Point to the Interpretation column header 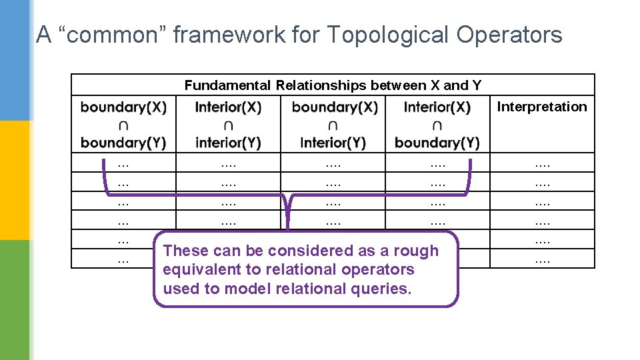(x=542, y=107)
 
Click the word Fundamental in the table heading (x=227, y=85)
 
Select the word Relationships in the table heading (x=321, y=85)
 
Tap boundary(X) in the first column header (x=123, y=107)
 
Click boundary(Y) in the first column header (x=123, y=143)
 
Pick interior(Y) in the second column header (x=228, y=143)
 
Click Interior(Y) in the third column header (x=333, y=143)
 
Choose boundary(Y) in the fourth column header (x=437, y=143)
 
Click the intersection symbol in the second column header (x=228, y=125)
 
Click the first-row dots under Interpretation (x=542, y=163)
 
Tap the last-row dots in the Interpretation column (x=542, y=259)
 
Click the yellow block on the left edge (x=15, y=180)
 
